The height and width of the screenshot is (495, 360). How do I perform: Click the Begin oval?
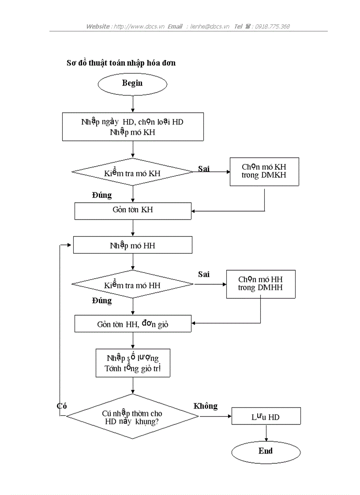tap(132, 83)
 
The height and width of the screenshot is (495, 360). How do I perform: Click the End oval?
tap(266, 451)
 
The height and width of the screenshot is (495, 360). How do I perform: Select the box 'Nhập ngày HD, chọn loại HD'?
tap(133, 127)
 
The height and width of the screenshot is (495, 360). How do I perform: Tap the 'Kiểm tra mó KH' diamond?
tap(132, 173)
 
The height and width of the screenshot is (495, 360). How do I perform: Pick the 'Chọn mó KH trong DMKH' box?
tap(264, 172)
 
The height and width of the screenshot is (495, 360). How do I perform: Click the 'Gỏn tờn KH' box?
tap(133, 210)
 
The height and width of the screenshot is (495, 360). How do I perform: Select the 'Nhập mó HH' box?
tap(132, 245)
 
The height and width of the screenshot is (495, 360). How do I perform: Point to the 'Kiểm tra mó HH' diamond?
tap(132, 285)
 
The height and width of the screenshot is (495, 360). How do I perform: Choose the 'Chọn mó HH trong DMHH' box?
tap(260, 284)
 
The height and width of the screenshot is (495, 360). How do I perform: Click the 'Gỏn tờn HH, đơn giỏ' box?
tap(133, 324)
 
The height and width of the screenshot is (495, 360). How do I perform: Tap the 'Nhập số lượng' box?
tap(133, 362)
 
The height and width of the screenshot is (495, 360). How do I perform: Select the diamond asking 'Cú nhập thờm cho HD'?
tap(132, 417)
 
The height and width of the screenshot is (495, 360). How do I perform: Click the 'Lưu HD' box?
tap(266, 417)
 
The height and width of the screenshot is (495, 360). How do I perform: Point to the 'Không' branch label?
tap(206, 406)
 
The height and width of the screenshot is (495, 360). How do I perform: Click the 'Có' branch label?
tap(62, 406)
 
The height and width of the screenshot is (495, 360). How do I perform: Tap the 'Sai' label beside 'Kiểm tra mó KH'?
tap(204, 169)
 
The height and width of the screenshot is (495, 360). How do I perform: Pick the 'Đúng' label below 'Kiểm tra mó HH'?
tap(102, 301)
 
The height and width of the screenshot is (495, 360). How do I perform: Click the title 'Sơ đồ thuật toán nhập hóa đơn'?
tap(121, 63)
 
